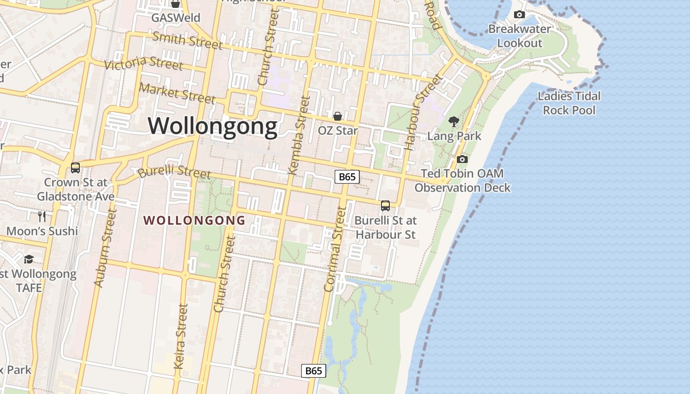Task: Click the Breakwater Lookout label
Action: tap(519, 36)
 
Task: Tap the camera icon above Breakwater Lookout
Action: tap(519, 15)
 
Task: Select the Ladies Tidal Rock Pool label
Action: tap(569, 103)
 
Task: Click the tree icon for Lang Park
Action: tap(454, 121)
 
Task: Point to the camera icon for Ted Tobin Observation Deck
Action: tap(462, 159)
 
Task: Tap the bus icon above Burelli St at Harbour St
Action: tap(385, 206)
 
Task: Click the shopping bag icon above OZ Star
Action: tap(338, 116)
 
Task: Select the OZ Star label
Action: tap(338, 131)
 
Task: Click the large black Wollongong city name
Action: tap(213, 126)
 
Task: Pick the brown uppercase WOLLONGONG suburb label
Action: tap(194, 220)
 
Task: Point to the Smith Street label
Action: tap(187, 40)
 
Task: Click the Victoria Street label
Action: tap(143, 64)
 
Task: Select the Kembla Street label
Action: tap(299, 135)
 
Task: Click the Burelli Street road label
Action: tap(174, 172)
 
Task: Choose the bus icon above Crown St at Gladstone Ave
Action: tap(75, 168)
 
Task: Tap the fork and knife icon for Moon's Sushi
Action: tap(42, 216)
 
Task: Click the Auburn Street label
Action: tap(105, 248)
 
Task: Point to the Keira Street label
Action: tap(181, 336)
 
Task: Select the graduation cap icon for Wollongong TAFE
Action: tap(29, 259)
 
